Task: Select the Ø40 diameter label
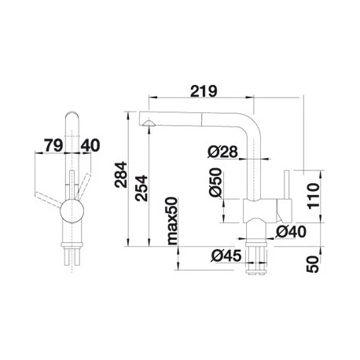292,231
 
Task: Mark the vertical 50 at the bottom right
314,263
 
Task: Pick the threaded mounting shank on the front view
72,255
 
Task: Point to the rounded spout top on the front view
72,116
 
